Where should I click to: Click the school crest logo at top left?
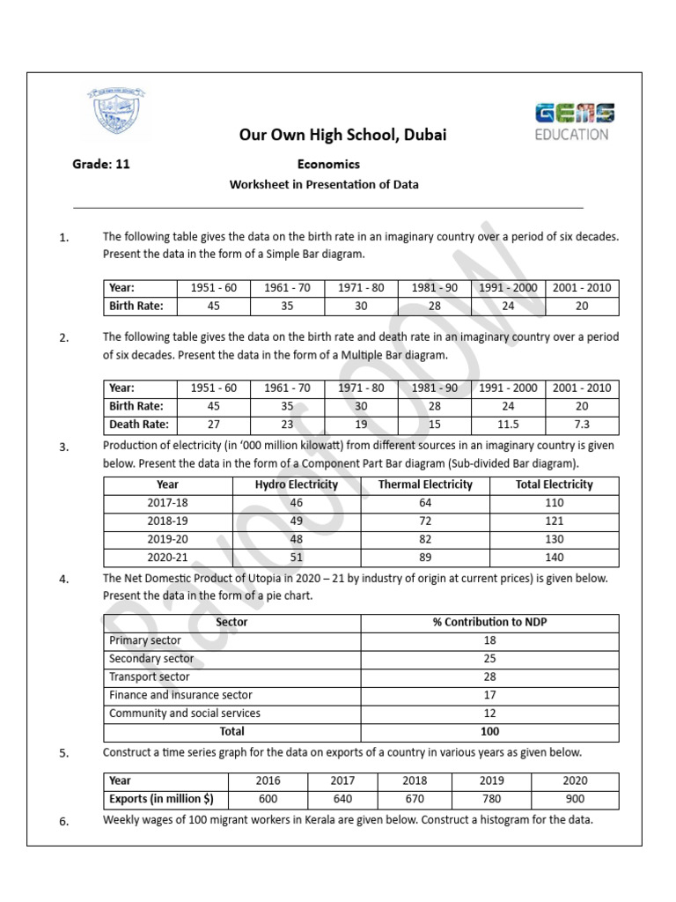tap(116, 114)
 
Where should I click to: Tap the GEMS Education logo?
tap(575, 122)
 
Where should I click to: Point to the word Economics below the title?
tap(328, 164)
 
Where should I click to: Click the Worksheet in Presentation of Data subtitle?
tap(324, 184)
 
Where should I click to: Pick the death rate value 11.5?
tap(507, 425)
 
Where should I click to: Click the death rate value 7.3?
tap(582, 425)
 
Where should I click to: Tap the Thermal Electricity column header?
tap(425, 484)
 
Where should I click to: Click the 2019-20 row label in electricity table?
tap(167, 539)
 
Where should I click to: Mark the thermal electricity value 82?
tap(425, 539)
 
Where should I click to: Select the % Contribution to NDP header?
tap(490, 622)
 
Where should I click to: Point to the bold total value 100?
tap(490, 731)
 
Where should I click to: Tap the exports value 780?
tap(492, 799)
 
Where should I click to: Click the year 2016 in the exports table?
tap(268, 780)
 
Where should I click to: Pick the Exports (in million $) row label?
tap(161, 799)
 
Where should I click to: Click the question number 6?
tap(63, 822)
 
